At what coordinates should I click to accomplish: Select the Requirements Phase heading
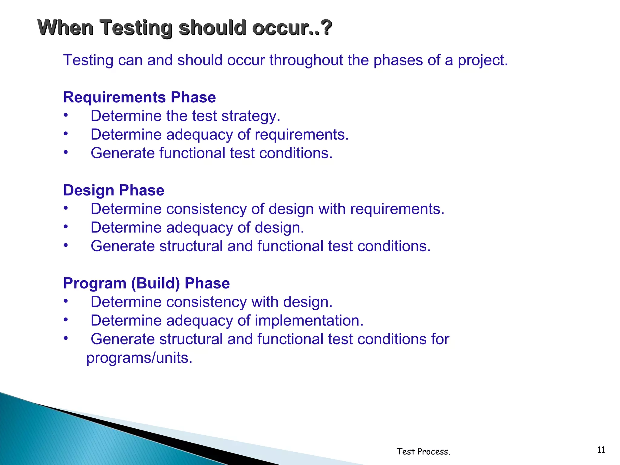[139, 97]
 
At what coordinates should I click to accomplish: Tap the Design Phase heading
[114, 190]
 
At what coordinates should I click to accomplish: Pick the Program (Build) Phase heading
[146, 283]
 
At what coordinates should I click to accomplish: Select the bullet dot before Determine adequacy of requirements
[66, 134]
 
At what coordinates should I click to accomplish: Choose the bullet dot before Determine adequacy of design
[66, 226]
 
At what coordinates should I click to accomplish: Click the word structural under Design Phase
[191, 246]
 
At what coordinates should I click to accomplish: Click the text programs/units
[139, 358]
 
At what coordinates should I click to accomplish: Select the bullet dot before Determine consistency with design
[66, 301]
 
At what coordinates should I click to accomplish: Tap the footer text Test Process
[423, 452]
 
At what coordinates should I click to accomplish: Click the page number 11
[601, 450]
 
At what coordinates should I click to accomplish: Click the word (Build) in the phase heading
[155, 283]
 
